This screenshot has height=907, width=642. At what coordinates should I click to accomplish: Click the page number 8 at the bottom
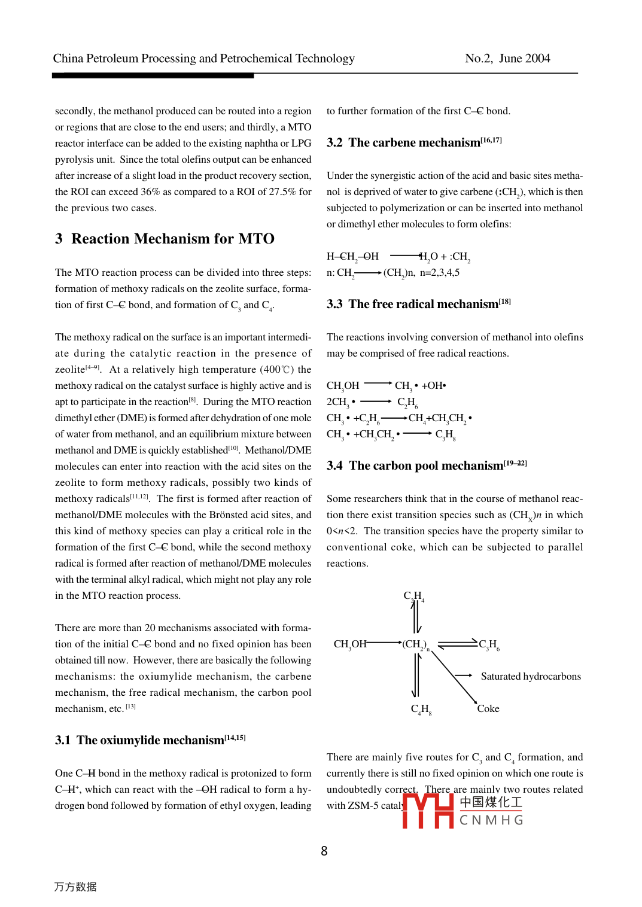coord(324,851)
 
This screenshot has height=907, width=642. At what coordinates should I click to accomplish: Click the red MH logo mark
coord(428,811)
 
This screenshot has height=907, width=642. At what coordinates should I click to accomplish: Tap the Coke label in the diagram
coord(488,708)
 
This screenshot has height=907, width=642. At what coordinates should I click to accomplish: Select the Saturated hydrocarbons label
coord(531,676)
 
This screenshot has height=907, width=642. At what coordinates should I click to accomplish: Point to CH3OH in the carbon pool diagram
coord(350,644)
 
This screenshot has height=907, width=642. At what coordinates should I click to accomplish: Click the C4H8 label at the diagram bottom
coord(421,709)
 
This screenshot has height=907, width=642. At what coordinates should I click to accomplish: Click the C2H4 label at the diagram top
coord(413,596)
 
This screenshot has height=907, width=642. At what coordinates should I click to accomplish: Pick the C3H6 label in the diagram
coord(489,644)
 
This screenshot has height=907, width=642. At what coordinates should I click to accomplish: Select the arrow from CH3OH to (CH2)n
coord(384,643)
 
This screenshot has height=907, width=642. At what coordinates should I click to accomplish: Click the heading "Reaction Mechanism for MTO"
coord(173,239)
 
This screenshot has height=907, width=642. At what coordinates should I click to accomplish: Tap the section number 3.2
coord(334,142)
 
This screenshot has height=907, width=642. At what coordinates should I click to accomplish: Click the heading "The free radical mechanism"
coord(424,304)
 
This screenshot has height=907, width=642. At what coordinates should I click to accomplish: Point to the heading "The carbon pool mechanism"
coord(426,465)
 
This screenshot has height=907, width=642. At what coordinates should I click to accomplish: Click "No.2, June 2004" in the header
coord(507,58)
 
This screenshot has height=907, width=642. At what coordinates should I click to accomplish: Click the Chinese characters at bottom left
coord(75,887)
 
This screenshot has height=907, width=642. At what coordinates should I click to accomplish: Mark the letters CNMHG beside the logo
coord(491,820)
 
